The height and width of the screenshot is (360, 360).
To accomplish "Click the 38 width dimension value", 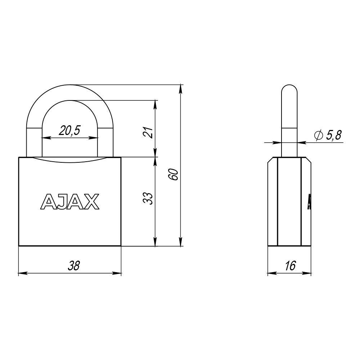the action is click(73, 266).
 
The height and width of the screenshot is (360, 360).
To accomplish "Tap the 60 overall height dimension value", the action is click(173, 175).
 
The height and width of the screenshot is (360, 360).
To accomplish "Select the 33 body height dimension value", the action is click(148, 199).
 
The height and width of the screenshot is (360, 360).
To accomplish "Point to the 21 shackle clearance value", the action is click(148, 132).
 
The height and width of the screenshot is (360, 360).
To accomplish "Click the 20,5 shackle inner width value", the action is click(69, 131).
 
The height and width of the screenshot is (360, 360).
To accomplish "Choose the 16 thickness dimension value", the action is click(290, 266).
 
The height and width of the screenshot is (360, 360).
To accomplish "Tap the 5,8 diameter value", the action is click(334, 135).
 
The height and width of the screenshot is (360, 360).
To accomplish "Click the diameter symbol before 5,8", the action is click(319, 135).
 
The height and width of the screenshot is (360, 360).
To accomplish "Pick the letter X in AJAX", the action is click(91, 202).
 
